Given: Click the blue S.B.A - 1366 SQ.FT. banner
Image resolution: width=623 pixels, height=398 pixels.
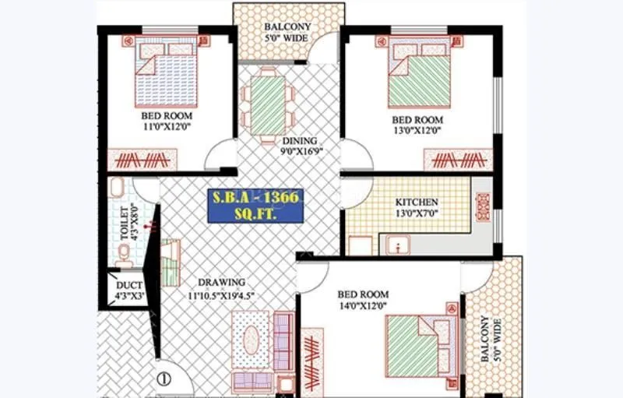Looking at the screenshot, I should pyautogui.click(x=255, y=206).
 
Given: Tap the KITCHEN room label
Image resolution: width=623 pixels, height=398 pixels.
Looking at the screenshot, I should pyautogui.click(x=417, y=206).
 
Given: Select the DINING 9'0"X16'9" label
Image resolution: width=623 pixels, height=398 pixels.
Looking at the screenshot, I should pyautogui.click(x=300, y=146).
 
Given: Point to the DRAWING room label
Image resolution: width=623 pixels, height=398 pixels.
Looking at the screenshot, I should pyautogui.click(x=222, y=287).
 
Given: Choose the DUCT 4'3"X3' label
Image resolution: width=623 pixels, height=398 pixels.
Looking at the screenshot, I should pyautogui.click(x=129, y=290).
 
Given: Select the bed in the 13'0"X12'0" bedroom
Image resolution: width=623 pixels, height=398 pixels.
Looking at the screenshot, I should pyautogui.click(x=419, y=73).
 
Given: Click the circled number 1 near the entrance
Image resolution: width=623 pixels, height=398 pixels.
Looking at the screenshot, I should pyautogui.click(x=164, y=380).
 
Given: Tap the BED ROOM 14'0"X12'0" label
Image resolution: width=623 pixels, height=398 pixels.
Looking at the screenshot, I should pyautogui.click(x=362, y=300).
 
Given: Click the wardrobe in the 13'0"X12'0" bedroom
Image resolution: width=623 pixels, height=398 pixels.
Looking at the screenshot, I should pyautogui.click(x=458, y=160).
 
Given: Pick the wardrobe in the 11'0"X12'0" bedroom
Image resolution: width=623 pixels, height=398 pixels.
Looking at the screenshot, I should pyautogui.click(x=142, y=160).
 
